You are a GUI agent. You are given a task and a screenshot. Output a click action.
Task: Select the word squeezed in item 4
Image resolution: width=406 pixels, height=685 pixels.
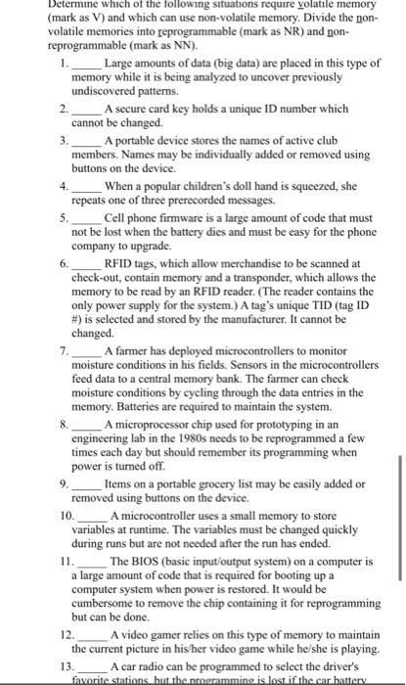click(x=295, y=185)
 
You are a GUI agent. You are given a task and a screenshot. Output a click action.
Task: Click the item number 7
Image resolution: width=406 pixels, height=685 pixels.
click(x=63, y=349)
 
